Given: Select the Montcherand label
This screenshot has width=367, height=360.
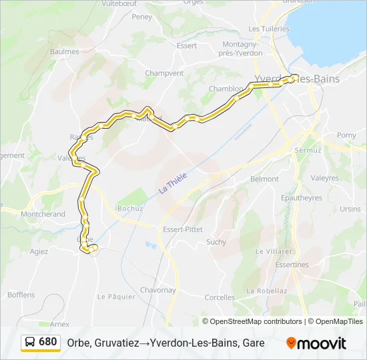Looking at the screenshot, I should click(43, 214).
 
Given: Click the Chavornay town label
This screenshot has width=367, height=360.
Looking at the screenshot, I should click(157, 290).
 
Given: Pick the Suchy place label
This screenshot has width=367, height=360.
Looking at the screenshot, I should click(216, 242).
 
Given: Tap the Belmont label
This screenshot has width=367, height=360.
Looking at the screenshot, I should click(264, 179).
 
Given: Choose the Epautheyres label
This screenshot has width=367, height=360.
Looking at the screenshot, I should click(302, 198).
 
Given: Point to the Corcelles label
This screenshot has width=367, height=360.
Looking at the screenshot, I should click(220, 297).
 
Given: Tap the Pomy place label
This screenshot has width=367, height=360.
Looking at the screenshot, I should click(346, 135).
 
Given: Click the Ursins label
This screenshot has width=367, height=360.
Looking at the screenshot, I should click(350, 209).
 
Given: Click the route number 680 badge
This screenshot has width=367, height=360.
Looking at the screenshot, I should click(47, 342).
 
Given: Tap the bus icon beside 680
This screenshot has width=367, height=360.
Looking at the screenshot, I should click(31, 343).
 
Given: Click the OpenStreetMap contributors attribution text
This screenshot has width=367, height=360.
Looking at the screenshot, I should click(256, 321).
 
